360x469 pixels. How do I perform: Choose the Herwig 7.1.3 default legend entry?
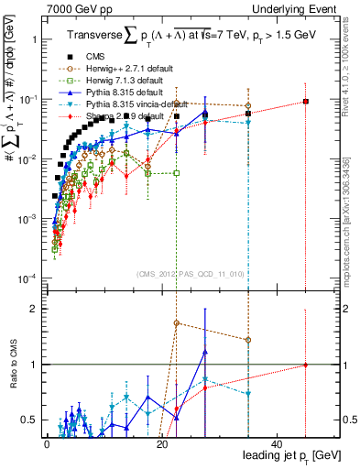tap(120, 81)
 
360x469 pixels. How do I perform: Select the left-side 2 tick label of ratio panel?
tap(34, 309)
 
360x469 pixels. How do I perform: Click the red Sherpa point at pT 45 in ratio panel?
tap(305, 365)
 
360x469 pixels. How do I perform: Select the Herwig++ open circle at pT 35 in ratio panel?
tap(247, 340)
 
